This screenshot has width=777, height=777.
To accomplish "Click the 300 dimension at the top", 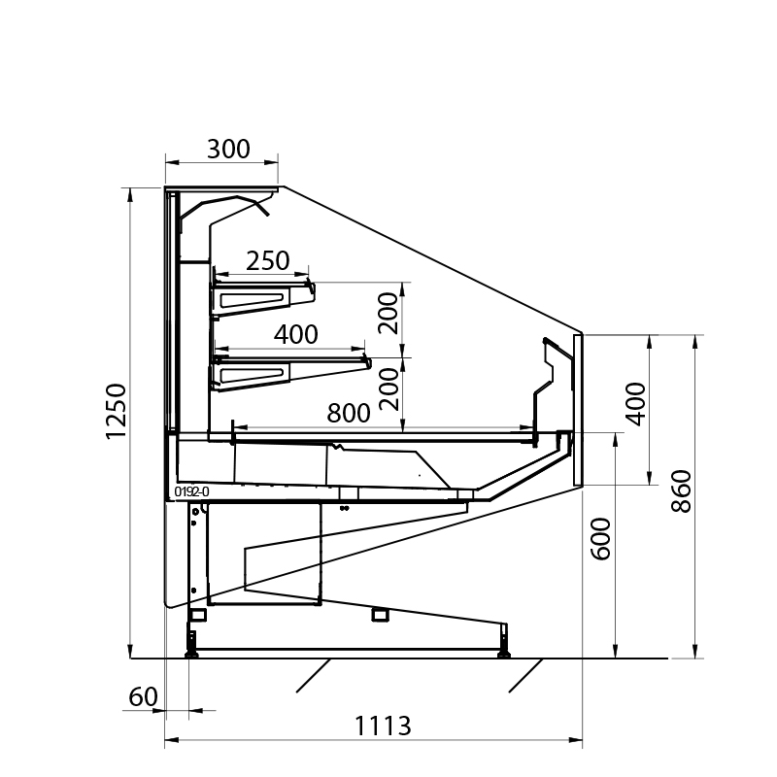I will click(228, 149).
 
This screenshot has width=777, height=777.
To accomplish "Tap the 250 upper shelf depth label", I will click(267, 260).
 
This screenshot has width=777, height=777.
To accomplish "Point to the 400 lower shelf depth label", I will click(296, 334).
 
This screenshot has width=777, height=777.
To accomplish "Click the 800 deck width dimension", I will click(349, 413).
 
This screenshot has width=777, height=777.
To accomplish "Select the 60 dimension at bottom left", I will click(142, 696).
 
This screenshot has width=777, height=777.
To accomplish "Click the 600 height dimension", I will click(600, 537).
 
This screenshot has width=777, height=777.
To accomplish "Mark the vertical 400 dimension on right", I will click(634, 402).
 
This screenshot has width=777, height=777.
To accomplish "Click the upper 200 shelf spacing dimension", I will click(388, 312).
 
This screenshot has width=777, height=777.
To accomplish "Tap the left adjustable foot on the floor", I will click(192, 646).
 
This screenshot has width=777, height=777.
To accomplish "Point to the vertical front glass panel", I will click(577, 409).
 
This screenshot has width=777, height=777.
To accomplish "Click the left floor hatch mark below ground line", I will click(314, 675).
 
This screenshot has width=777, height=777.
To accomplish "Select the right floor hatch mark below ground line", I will click(525, 675).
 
